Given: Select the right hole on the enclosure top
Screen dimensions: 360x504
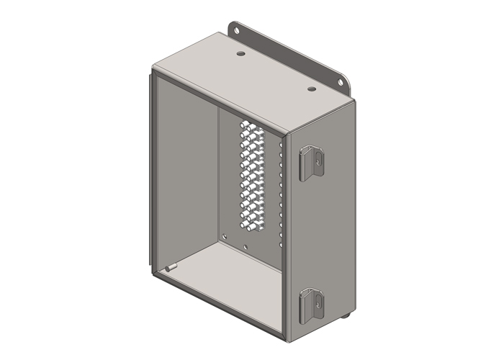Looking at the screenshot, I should pos(312,89).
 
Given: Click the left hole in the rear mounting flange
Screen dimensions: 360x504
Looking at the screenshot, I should pos(236,31).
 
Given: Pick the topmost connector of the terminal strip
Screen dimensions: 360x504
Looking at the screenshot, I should pos(248,125).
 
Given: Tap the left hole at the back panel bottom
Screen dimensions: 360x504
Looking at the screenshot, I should pos(225,235).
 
